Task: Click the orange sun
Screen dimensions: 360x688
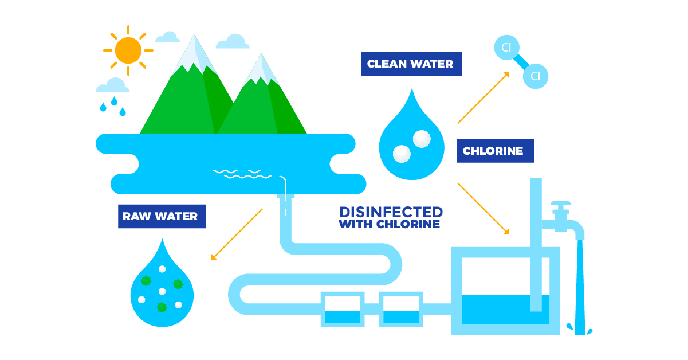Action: click(128, 50)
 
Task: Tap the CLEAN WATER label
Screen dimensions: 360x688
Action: click(411, 64)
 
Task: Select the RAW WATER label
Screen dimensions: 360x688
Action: click(161, 217)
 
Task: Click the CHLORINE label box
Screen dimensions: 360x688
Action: click(494, 151)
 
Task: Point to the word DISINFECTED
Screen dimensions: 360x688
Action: click(391, 212)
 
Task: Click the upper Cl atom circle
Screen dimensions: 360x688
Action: click(506, 48)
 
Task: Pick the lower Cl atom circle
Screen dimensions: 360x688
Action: click(536, 76)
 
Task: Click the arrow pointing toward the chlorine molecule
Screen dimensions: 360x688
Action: click(484, 97)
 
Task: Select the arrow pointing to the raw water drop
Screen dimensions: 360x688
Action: click(237, 234)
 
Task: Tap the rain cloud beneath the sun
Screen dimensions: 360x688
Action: click(113, 86)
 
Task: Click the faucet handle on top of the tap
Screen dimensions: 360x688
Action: click(560, 205)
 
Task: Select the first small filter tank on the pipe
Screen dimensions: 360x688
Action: click(343, 310)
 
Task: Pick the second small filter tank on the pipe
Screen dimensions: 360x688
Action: click(401, 310)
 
